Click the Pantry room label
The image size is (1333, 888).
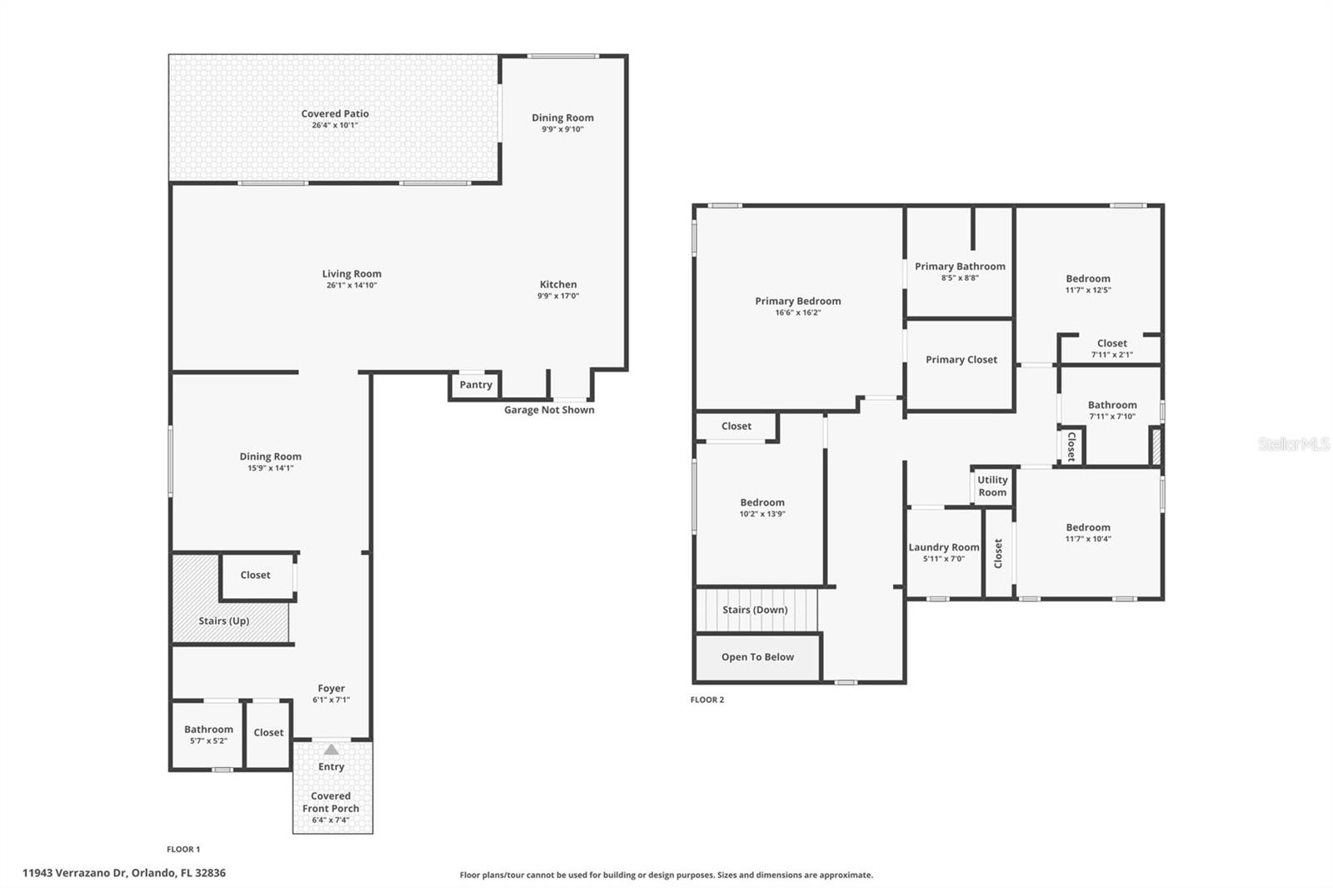(476, 385)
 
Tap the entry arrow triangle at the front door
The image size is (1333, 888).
(332, 750)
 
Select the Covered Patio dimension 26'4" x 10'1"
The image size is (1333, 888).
(335, 126)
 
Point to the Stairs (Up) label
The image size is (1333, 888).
(223, 621)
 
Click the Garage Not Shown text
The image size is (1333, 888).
(549, 410)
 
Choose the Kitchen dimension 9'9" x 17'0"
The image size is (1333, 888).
(557, 297)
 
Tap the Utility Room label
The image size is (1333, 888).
(992, 486)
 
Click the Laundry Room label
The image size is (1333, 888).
(943, 547)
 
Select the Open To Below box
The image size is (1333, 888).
(757, 657)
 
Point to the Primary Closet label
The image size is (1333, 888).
(961, 360)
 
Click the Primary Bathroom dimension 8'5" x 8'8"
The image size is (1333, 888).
(960, 278)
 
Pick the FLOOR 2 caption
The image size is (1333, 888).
(707, 700)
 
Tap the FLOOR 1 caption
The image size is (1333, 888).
(183, 850)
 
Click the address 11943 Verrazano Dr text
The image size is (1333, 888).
(124, 873)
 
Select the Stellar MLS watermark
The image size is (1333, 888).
(1293, 444)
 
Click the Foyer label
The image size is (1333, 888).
(331, 689)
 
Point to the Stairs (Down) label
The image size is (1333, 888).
(755, 610)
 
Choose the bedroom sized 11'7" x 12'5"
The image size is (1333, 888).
(1087, 284)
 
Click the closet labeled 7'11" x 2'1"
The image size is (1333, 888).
(1111, 348)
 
